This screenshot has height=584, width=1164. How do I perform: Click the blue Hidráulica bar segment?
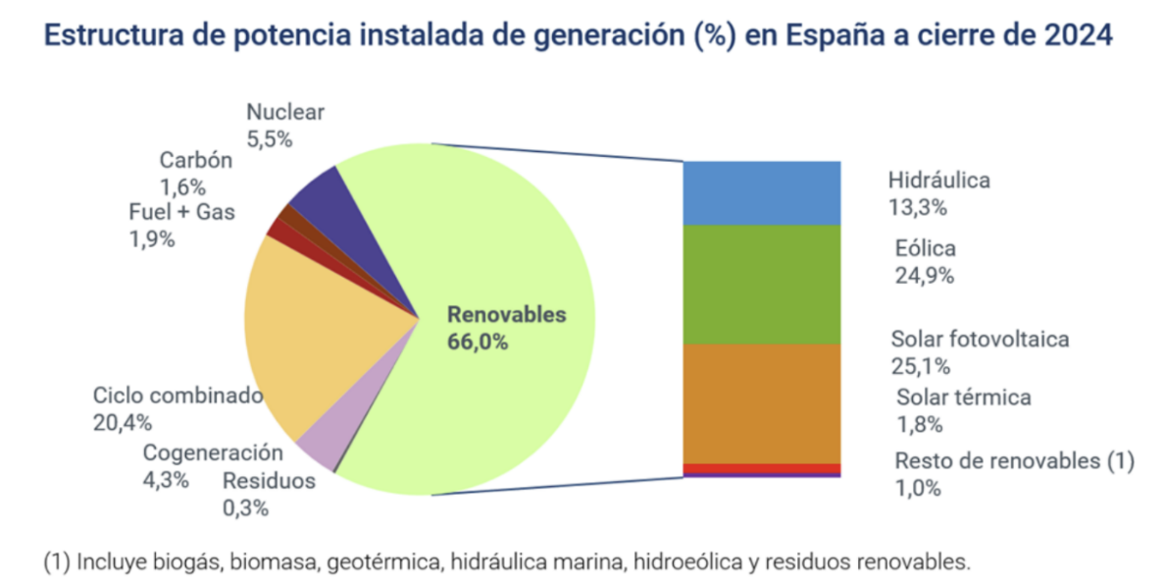[761, 192]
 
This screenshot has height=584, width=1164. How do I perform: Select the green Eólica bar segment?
[761, 284]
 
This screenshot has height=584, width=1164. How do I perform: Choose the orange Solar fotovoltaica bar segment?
[761, 402]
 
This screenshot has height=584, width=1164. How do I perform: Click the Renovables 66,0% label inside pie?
[506, 328]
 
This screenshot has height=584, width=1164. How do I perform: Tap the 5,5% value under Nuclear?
[270, 139]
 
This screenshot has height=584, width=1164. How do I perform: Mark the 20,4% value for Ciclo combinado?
[117, 423]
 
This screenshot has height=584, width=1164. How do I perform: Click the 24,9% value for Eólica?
[924, 276]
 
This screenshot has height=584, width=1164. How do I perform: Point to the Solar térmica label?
[964, 398]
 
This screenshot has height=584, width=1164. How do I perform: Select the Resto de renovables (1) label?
[1014, 461]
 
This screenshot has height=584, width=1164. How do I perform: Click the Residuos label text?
[269, 481]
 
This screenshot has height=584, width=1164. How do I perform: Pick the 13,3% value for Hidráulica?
[917, 207]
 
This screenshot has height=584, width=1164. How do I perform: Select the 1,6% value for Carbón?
[182, 187]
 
